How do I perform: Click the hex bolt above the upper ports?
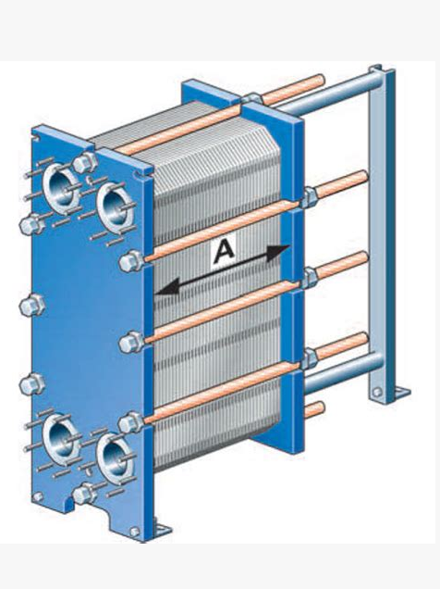coord(85,162)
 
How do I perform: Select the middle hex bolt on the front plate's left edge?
coord(31,305)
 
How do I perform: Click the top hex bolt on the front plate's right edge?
coord(131,260)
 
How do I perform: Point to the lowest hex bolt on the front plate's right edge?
coord(130,423)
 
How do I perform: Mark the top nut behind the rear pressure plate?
coord(310,196)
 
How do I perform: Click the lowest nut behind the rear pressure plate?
coord(310,358)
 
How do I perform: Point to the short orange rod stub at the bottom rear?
coord(314,410)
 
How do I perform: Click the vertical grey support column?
coord(382,232)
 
